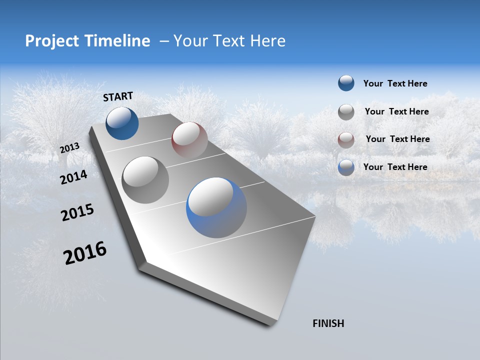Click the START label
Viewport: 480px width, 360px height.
coord(118,96)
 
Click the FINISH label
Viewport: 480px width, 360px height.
coord(328,323)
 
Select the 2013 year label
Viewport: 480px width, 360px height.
coord(70,148)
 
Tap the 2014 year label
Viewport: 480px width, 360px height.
coord(73,177)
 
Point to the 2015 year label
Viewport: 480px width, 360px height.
coord(77,212)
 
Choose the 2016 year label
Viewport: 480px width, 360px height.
coord(85,253)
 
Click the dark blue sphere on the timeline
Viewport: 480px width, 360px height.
coord(122,123)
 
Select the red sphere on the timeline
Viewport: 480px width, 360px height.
coord(189,139)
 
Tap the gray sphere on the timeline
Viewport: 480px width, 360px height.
coord(145,180)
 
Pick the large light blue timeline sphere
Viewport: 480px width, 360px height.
coord(216,207)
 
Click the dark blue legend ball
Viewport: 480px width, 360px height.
coord(346,83)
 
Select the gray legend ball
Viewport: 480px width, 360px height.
coord(346,112)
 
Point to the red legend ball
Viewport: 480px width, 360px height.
coord(346,139)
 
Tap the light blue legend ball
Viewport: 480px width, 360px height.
coord(346,167)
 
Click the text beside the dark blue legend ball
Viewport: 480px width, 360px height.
coord(395,83)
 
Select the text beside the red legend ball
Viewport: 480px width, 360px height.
coord(397,139)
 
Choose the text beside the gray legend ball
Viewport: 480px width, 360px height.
coord(396,111)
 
